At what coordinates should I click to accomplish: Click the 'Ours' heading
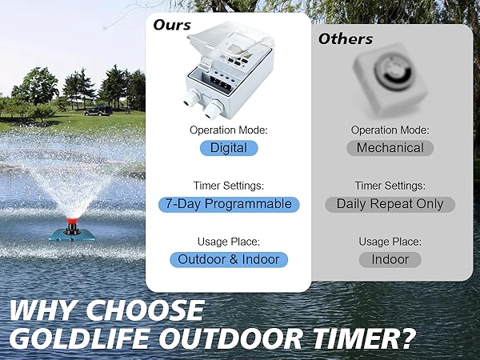[172, 24]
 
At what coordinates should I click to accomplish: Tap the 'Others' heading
[346, 38]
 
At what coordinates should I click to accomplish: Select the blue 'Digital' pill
[229, 148]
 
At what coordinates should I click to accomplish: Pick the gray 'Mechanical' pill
[390, 148]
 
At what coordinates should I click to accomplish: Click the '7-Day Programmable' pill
[229, 204]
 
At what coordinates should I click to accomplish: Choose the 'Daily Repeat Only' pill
[390, 204]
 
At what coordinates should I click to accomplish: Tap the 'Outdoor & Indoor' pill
[229, 259]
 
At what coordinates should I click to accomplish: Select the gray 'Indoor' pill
[390, 259]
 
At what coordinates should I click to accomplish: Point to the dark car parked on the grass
[98, 110]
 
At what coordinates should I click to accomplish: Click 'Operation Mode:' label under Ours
[228, 130]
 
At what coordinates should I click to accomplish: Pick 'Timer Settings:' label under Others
[390, 186]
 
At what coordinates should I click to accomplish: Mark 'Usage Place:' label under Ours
[228, 242]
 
